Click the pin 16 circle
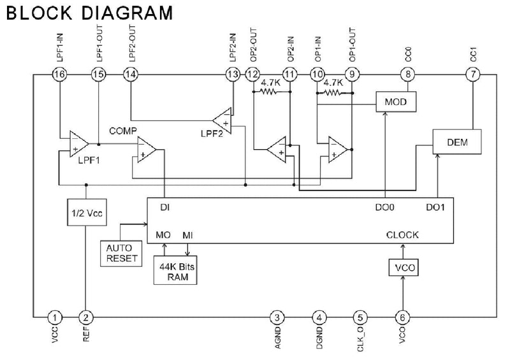click(59, 75)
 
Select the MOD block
click(396, 102)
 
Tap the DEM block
click(457, 142)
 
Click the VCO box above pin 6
click(404, 268)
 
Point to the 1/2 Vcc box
click(87, 212)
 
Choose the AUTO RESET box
click(121, 254)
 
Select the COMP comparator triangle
click(147, 150)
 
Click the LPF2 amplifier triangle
click(222, 120)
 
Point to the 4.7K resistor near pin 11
click(269, 92)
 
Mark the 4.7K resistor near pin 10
click(332, 93)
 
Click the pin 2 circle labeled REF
click(86, 317)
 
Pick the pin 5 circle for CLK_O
click(360, 317)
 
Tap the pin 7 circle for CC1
click(473, 75)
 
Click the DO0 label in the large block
click(385, 207)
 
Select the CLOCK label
click(402, 235)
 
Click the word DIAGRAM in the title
click(127, 13)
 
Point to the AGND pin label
click(277, 338)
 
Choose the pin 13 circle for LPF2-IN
click(233, 75)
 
